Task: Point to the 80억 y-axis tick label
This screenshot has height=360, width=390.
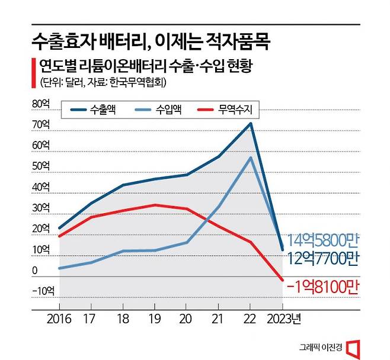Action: [42, 104]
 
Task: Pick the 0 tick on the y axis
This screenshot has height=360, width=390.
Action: [36, 271]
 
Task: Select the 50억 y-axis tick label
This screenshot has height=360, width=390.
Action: [42, 166]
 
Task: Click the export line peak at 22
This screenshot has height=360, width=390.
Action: [251, 123]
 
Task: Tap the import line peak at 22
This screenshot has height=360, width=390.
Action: [251, 157]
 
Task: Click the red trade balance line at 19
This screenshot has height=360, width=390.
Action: [155, 205]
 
